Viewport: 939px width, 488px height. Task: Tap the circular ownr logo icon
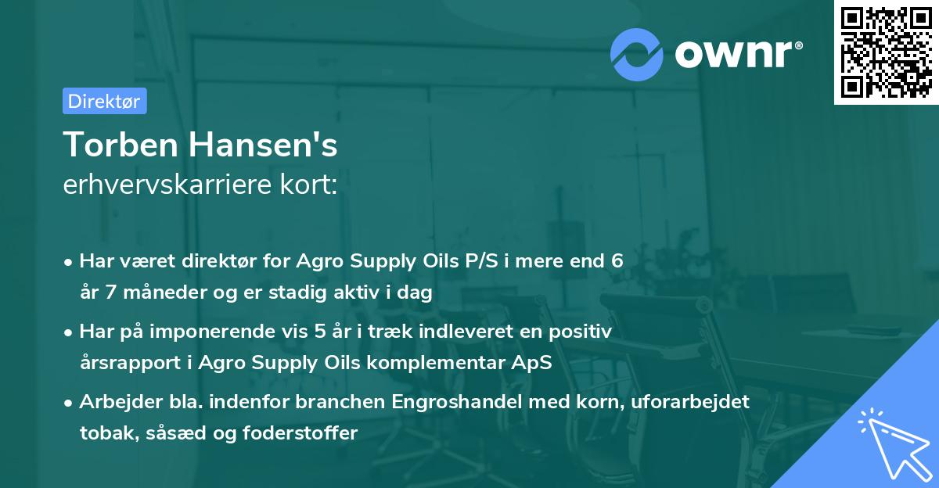(637, 55)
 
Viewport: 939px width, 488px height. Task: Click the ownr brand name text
(737, 55)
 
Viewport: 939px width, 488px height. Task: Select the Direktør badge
(104, 101)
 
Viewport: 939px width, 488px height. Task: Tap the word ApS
(532, 363)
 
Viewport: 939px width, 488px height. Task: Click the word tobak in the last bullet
(104, 433)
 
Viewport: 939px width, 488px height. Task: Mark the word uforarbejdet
(691, 402)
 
